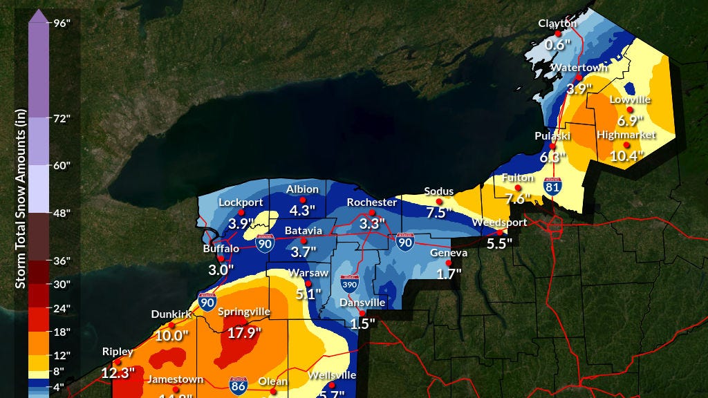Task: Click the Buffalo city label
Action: click(x=221, y=249)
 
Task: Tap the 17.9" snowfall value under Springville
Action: click(x=243, y=333)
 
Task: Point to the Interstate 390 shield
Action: click(x=350, y=285)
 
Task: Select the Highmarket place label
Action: click(x=620, y=135)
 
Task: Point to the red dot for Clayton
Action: click(x=558, y=33)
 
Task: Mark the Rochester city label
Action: click(x=372, y=202)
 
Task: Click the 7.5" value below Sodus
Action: click(x=438, y=213)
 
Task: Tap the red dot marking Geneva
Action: click(x=448, y=263)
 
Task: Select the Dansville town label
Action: click(x=362, y=303)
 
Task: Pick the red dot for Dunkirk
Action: click(x=171, y=325)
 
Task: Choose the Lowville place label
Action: click(x=630, y=99)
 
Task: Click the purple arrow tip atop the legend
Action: click(x=39, y=15)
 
